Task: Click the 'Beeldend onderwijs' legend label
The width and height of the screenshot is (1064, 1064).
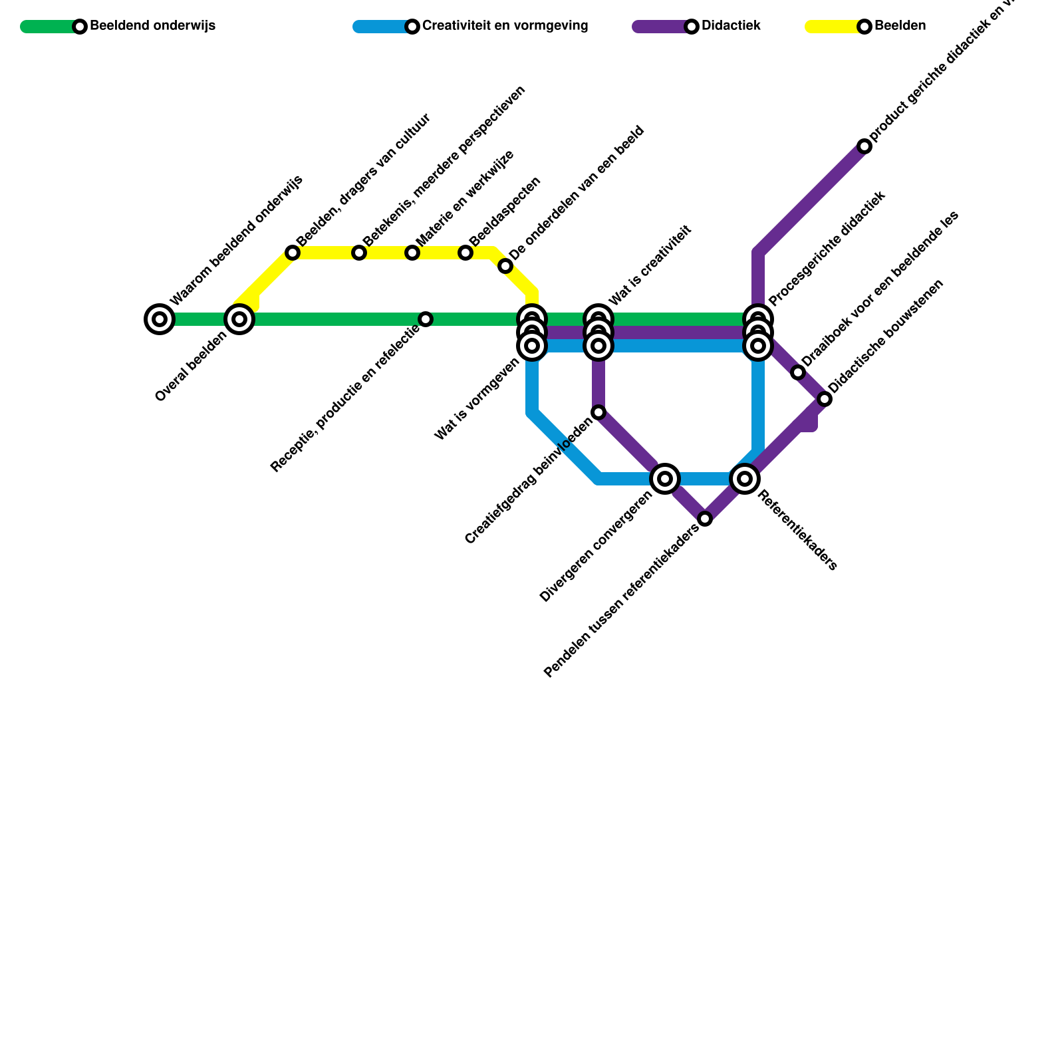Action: click(152, 27)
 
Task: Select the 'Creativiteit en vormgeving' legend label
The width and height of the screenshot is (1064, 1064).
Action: click(505, 27)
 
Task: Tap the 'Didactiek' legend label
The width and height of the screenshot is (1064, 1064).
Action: click(731, 27)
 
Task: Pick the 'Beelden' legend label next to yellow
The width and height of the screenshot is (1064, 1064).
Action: click(900, 27)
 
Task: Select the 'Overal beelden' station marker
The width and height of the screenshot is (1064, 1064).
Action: click(239, 319)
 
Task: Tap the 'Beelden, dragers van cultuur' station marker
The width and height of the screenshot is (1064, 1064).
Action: click(293, 253)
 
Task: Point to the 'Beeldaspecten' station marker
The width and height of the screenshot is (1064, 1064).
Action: click(465, 253)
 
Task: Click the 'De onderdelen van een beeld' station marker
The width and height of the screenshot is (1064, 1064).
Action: click(505, 267)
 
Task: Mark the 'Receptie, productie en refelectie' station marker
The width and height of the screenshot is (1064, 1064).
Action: click(426, 319)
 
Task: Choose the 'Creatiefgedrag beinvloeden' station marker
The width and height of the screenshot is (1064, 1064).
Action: click(598, 412)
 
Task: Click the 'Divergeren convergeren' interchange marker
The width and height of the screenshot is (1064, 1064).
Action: click(665, 479)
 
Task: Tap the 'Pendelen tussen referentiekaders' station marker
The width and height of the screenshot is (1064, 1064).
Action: click(705, 519)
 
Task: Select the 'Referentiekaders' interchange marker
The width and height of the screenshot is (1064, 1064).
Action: click(745, 479)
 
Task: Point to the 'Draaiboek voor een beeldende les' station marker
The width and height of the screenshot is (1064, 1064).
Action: click(798, 372)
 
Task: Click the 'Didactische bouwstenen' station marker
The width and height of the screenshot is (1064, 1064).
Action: click(825, 399)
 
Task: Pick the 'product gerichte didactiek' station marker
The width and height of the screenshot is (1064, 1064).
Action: click(864, 146)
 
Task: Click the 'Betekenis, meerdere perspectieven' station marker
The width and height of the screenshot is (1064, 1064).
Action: click(359, 253)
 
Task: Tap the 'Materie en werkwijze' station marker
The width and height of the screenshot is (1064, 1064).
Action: click(412, 253)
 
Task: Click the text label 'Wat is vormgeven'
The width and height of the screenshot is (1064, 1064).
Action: click(476, 400)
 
